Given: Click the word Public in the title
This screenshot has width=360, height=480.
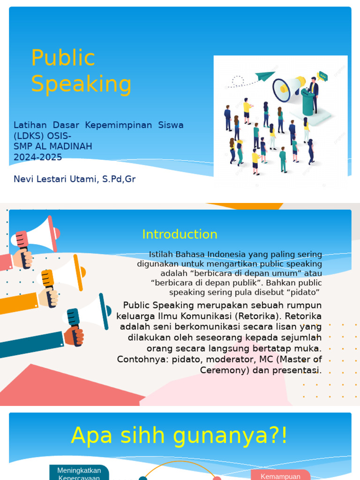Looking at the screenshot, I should (63, 58).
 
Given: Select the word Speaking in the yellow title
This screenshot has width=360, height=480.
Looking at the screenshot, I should (81, 84).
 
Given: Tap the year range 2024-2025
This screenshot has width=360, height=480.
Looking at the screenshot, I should (37, 157).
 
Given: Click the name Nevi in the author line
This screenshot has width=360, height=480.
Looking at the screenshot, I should (23, 179).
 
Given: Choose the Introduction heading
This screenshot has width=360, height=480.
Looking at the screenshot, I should (180, 234).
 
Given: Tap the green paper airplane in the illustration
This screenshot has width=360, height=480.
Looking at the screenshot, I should (265, 76).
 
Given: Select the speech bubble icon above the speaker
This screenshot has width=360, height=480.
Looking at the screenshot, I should (322, 75).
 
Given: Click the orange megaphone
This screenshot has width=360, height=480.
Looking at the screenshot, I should (63, 274).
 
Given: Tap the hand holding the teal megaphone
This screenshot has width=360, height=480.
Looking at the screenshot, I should (74, 336).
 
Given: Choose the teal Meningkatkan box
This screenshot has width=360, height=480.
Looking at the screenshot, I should (79, 472).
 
